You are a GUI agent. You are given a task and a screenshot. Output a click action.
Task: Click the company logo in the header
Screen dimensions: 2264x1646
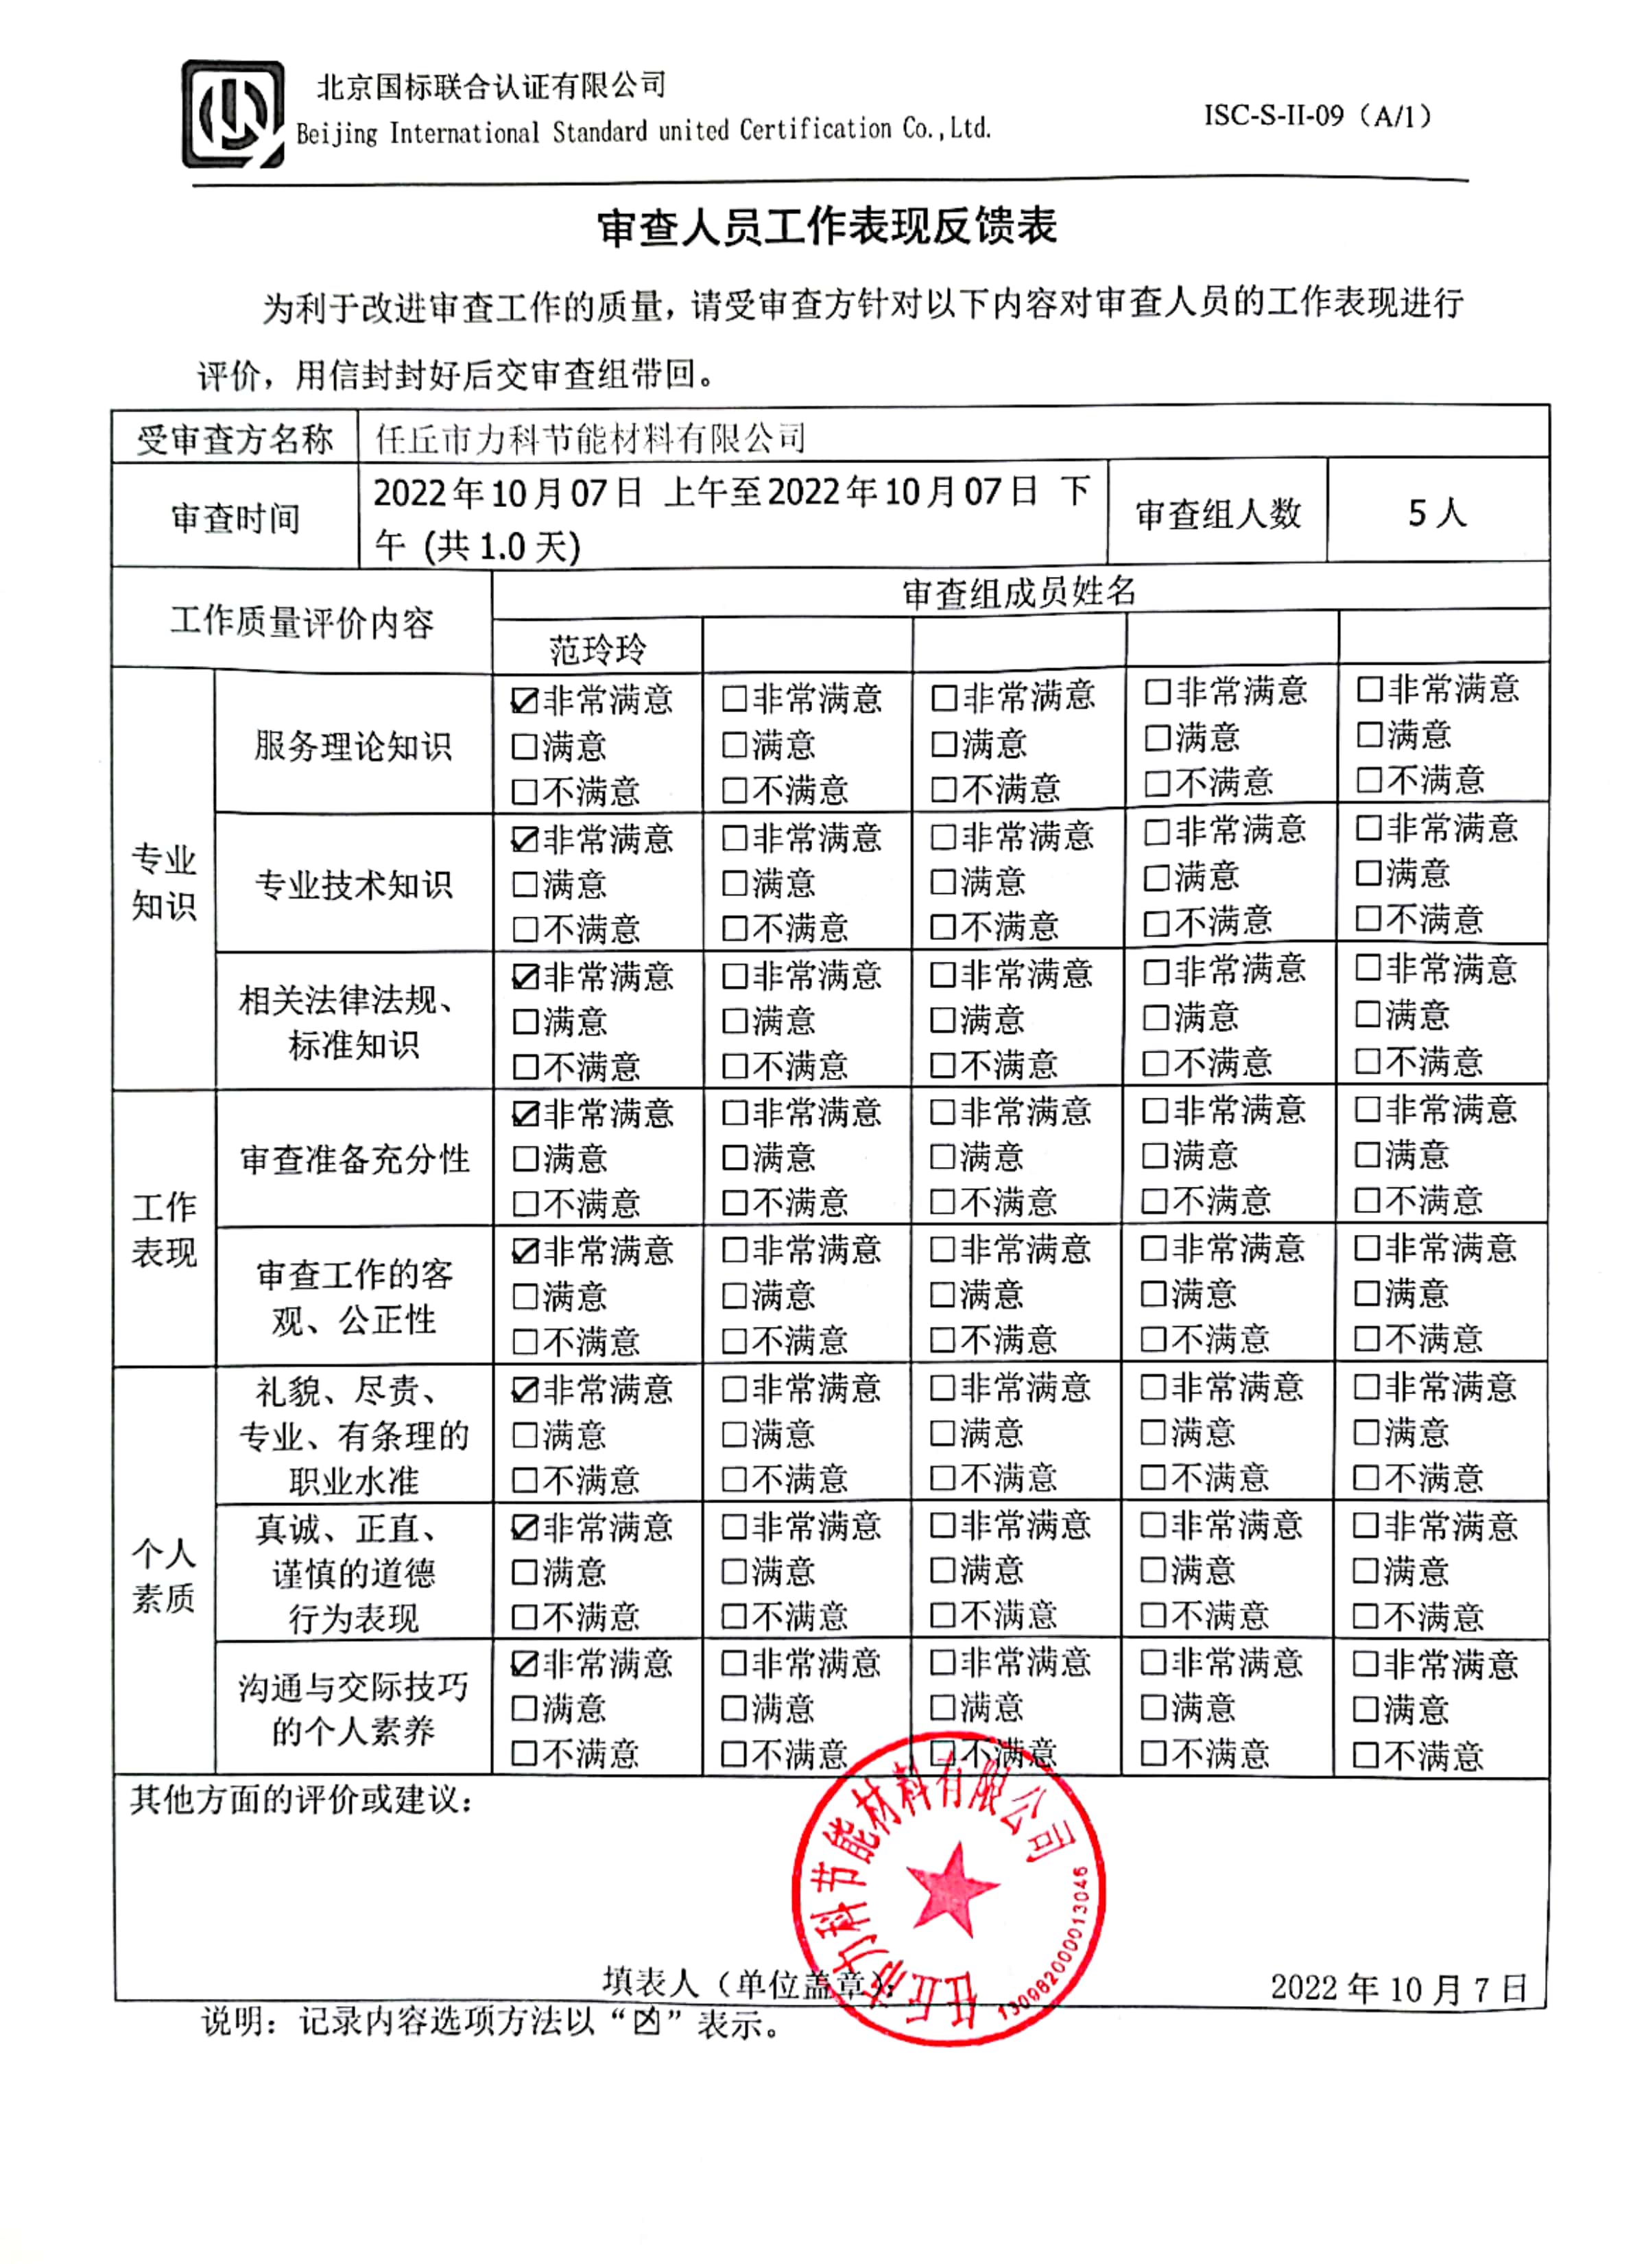click(232, 114)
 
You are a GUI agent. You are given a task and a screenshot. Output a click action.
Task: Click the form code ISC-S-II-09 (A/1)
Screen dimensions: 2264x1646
click(1317, 117)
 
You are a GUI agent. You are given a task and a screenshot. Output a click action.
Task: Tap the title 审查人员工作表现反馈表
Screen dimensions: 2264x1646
click(826, 228)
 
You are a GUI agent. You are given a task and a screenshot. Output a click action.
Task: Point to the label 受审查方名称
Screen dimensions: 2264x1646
click(235, 438)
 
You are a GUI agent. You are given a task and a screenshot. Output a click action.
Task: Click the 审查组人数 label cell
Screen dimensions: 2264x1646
click(1218, 513)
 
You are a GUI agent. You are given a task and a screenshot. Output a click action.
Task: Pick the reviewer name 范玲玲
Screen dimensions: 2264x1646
click(597, 650)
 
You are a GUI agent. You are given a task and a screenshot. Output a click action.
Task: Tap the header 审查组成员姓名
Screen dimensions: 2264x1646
click(1019, 593)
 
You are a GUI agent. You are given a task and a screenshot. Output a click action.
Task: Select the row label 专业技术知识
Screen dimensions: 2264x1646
click(353, 884)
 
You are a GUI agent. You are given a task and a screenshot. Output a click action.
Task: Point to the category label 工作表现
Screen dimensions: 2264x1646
click(164, 1229)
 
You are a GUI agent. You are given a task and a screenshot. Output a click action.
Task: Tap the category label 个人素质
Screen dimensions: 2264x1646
click(164, 1575)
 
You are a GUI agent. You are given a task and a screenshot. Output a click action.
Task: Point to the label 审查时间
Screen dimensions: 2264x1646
click(235, 517)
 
